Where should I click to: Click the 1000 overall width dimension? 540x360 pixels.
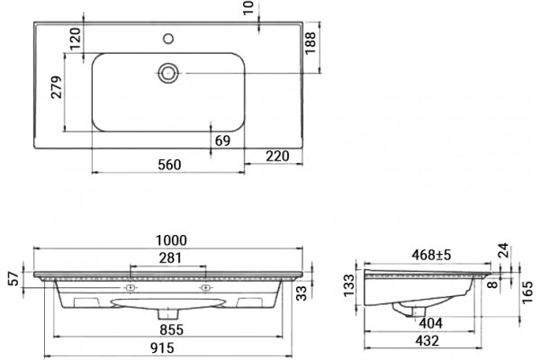[171, 240]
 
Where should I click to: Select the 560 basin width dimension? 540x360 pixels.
[169, 165]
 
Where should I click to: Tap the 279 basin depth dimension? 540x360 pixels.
[57, 87]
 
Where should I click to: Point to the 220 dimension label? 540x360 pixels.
[277, 156]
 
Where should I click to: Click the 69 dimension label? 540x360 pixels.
[222, 140]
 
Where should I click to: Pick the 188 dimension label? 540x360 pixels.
[310, 42]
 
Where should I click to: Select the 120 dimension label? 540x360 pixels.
[76, 39]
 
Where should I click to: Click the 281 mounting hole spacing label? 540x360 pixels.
[170, 258]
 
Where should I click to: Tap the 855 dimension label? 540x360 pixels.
[172, 329]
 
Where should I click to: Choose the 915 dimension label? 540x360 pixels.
[162, 348]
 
